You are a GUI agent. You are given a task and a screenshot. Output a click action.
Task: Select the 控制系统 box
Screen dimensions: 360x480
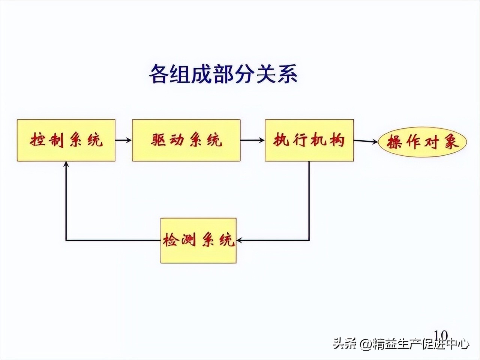coord(66,141)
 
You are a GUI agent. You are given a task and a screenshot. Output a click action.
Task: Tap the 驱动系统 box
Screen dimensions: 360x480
coord(186,141)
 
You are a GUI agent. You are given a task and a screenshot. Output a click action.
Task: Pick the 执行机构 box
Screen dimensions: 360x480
coord(309,141)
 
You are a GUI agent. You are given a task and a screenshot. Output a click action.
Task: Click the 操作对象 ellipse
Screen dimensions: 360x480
coord(422,142)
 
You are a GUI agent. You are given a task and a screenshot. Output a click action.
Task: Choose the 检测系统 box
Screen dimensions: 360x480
coord(198,240)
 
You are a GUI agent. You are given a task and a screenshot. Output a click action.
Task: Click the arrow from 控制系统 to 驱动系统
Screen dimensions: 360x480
coord(123,140)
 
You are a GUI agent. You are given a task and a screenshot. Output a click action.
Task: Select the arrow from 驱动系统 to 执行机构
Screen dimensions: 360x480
coord(252,140)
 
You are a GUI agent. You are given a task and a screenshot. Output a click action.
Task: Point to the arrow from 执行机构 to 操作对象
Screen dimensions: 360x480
coord(366,141)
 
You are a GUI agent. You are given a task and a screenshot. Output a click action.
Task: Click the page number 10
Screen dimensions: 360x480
coord(441,335)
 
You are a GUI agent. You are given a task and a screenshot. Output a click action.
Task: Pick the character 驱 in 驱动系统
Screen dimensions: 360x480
coord(159,140)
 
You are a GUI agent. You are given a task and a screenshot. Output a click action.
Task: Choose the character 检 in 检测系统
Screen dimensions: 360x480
coord(171,240)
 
